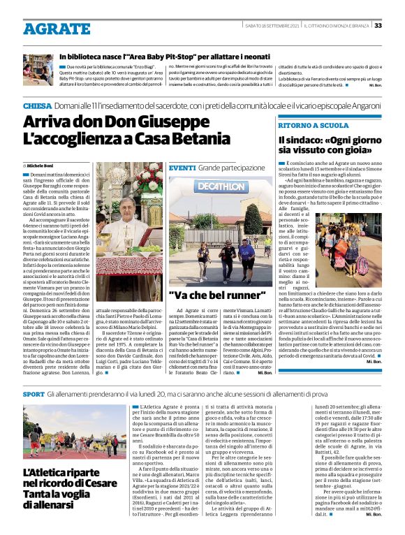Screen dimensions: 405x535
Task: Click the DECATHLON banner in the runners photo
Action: [221, 187]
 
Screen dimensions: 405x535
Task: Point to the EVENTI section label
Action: [182, 168]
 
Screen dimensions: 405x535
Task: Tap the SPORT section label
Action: [34, 395]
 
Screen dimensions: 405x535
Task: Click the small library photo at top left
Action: [38, 66]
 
